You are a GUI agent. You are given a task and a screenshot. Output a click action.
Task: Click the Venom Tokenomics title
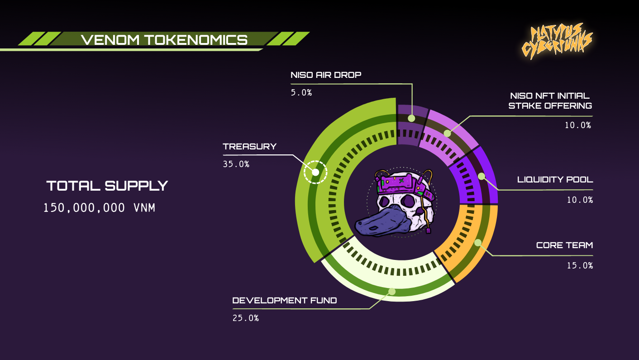point(164,40)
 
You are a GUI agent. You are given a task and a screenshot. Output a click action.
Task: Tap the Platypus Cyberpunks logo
point(557,41)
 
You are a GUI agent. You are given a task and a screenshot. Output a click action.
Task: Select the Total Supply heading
point(107,186)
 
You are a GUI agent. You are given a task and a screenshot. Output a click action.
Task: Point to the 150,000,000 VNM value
point(99,208)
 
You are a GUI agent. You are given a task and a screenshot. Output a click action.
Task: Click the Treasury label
point(250,146)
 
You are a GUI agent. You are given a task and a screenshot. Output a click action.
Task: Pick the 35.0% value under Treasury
point(236,164)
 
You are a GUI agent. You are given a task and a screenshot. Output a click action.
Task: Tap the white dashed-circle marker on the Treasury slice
point(315,172)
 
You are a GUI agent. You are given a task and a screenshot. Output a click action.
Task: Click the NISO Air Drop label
point(326,75)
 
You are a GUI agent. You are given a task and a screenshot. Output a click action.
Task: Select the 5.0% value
point(301,92)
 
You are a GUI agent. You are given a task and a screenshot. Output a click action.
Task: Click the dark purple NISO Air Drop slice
point(411,125)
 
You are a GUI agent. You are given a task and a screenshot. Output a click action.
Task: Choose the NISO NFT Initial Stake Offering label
point(550,101)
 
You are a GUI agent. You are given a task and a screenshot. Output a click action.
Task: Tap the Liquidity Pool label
point(555,180)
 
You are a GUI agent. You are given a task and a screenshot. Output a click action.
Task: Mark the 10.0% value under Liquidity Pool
point(580,200)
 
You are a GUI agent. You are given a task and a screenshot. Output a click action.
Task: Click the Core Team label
point(564,245)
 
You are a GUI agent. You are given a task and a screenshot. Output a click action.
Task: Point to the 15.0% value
point(580,265)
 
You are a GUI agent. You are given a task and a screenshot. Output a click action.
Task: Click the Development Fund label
point(284,300)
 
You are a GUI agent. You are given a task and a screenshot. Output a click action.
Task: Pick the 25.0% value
point(246,318)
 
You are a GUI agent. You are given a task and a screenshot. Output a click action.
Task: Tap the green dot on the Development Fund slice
point(392,292)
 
